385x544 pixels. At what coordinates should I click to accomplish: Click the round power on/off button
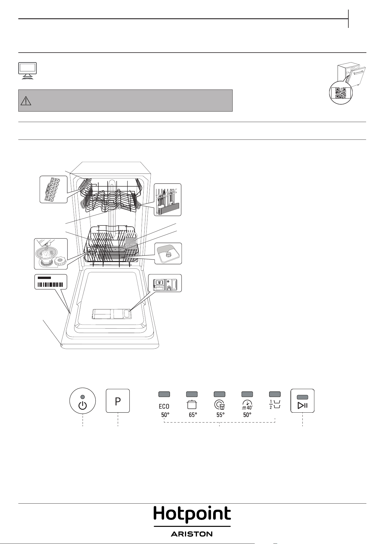point(83,401)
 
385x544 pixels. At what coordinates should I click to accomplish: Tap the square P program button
point(118,401)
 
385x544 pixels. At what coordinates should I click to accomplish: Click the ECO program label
point(164,407)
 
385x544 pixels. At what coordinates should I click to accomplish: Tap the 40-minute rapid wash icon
point(247,405)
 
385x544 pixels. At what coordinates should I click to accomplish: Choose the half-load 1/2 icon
point(275,405)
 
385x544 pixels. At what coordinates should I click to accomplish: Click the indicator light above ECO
point(164,394)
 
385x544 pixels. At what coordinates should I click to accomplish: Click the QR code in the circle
point(341,93)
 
